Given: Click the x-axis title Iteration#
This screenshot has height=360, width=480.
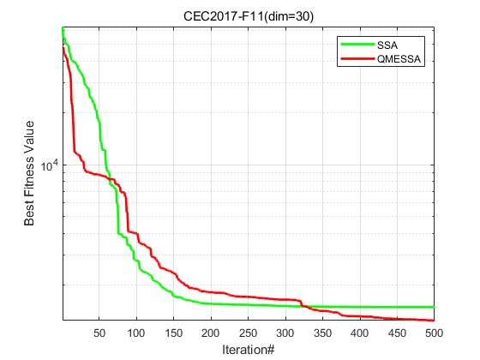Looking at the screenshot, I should (x=248, y=350).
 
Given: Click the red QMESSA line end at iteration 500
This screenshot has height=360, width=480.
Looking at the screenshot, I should (x=434, y=321).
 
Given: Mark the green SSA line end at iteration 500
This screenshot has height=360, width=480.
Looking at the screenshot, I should (x=434, y=307).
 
